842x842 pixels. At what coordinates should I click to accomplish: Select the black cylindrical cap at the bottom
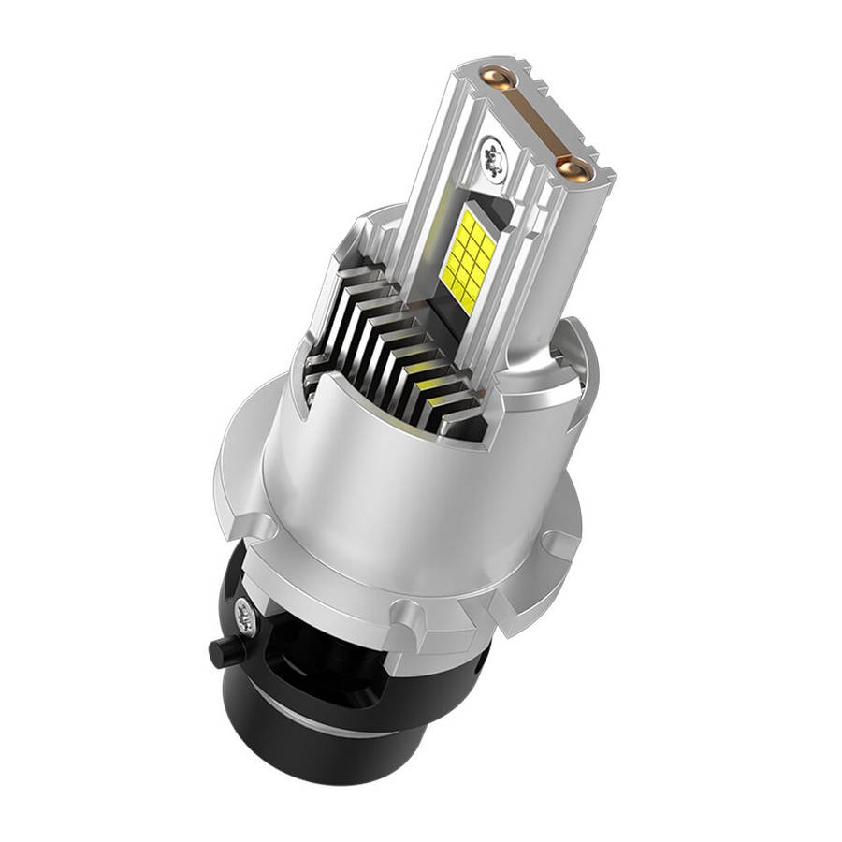[x=309, y=739]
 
